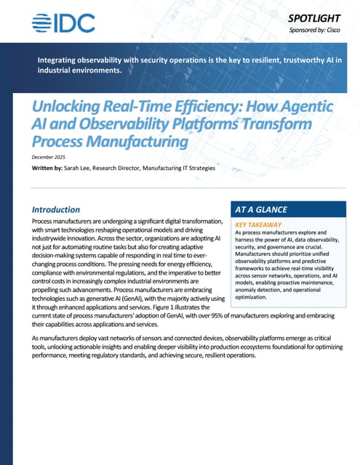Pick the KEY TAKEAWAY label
pos(261,225)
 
